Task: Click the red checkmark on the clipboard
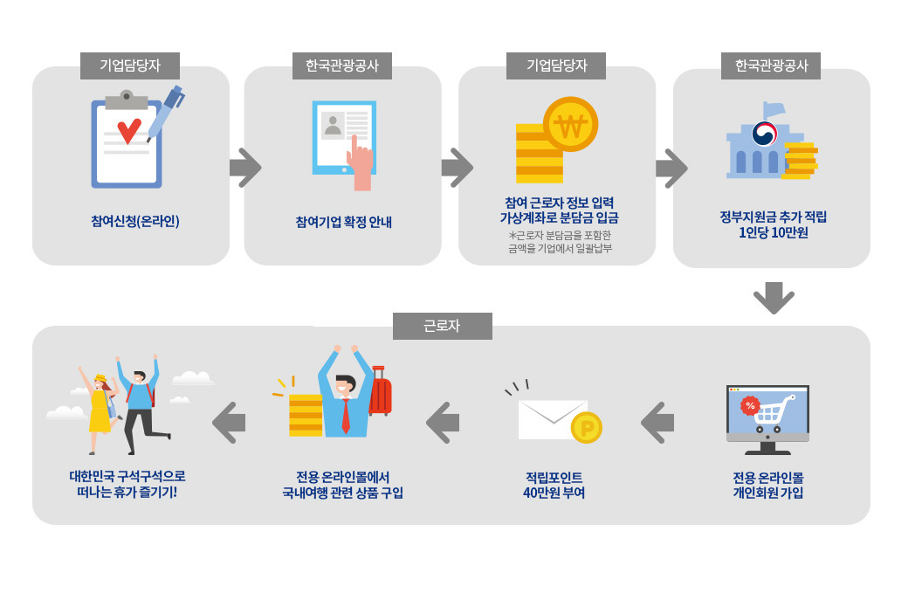pyautogui.click(x=128, y=131)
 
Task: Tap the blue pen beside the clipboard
pyautogui.click(x=165, y=113)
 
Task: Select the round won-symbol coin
pyautogui.click(x=570, y=125)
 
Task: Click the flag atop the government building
pyautogui.click(x=774, y=109)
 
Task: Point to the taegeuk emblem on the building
pyautogui.click(x=765, y=134)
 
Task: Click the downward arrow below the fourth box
pyautogui.click(x=774, y=297)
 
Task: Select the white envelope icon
pyautogui.click(x=553, y=419)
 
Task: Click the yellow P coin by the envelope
pyautogui.click(x=586, y=428)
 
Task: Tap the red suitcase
pyautogui.click(x=380, y=393)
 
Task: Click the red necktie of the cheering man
pyautogui.click(x=346, y=416)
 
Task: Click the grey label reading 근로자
pyautogui.click(x=442, y=326)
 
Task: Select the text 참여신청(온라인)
pyautogui.click(x=134, y=221)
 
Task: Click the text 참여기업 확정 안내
pyautogui.click(x=343, y=222)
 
